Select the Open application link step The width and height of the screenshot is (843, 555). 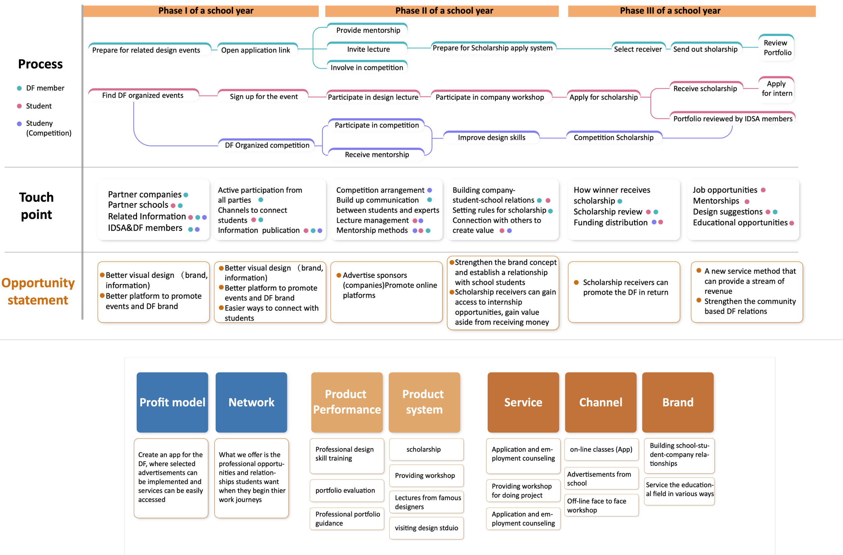pos(255,50)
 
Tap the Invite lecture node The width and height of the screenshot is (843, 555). pos(368,49)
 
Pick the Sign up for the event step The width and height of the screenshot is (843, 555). pos(264,96)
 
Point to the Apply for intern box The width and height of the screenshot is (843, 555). pos(777,89)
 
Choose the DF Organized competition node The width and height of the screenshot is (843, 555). pos(267,145)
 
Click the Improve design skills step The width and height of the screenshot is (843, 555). pos(491,138)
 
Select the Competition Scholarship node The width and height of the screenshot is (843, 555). pos(613,138)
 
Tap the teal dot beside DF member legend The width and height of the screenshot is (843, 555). pos(20,88)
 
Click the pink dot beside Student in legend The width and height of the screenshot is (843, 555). pos(20,106)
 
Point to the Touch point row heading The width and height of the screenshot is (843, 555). pos(36,206)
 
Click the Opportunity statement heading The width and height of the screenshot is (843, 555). pos(38,291)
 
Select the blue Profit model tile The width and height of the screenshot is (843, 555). pos(172,402)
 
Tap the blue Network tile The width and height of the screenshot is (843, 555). pos(251,402)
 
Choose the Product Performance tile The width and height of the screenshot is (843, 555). pos(347,402)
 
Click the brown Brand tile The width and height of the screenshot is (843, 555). pos(677,402)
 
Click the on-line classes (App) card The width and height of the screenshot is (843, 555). pos(601,449)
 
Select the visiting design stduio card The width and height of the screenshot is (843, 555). pos(426,528)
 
